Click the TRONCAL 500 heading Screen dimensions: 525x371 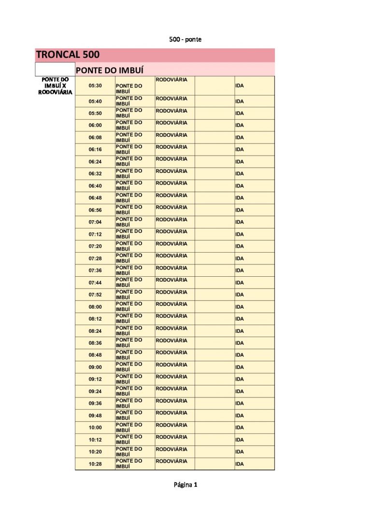tap(68, 55)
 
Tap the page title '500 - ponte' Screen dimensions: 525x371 tap(185, 39)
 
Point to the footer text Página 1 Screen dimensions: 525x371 tap(185, 484)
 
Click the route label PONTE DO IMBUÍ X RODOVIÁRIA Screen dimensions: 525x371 tap(55, 86)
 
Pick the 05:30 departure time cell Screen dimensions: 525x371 tap(95, 86)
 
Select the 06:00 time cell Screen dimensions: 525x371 tap(95, 125)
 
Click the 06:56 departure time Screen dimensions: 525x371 tap(95, 210)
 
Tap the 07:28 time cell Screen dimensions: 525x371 tap(95, 258)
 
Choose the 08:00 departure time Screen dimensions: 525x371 tap(95, 307)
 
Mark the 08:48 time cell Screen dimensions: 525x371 tap(95, 355)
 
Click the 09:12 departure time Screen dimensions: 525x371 tap(95, 379)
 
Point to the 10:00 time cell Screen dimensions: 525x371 tap(95, 427)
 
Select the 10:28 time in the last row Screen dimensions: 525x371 tap(95, 464)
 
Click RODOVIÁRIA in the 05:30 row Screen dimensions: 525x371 tap(171, 79)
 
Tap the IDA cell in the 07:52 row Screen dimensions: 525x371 tap(240, 295)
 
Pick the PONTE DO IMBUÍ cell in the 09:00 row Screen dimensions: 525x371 tap(129, 367)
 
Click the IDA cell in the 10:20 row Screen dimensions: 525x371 tap(240, 452)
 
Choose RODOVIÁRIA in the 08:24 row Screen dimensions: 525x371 tap(171, 328)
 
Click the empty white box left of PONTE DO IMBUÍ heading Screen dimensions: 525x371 tap(55, 69)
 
